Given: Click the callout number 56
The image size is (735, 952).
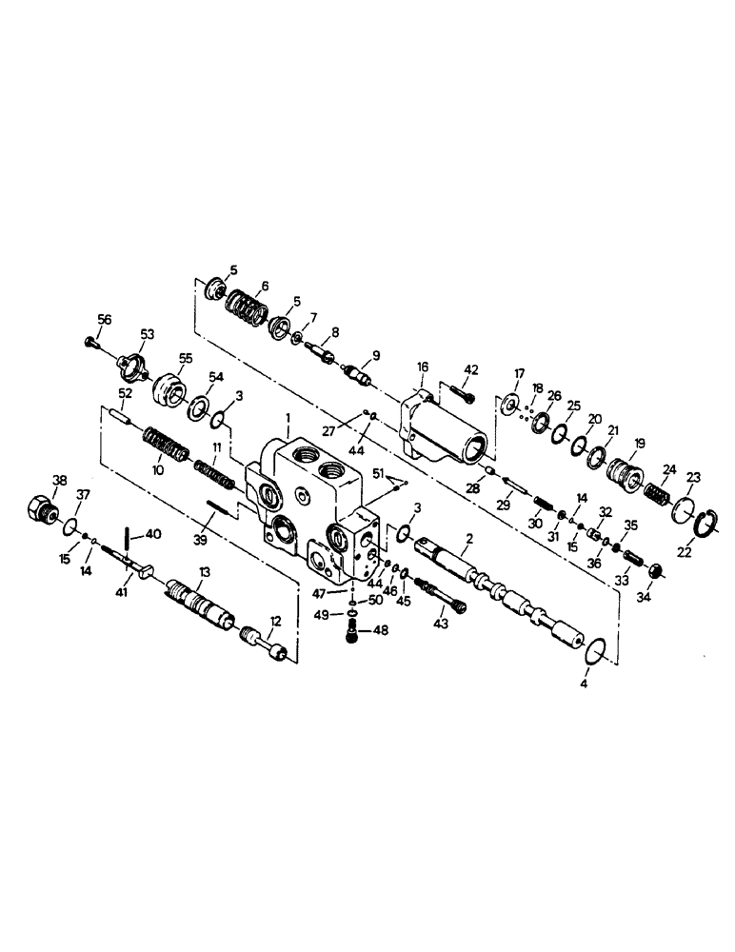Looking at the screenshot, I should click(104, 320).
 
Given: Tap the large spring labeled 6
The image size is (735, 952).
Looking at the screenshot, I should click(248, 307).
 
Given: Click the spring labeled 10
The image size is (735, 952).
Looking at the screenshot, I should click(169, 444).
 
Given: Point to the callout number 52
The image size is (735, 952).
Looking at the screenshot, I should click(125, 393).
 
